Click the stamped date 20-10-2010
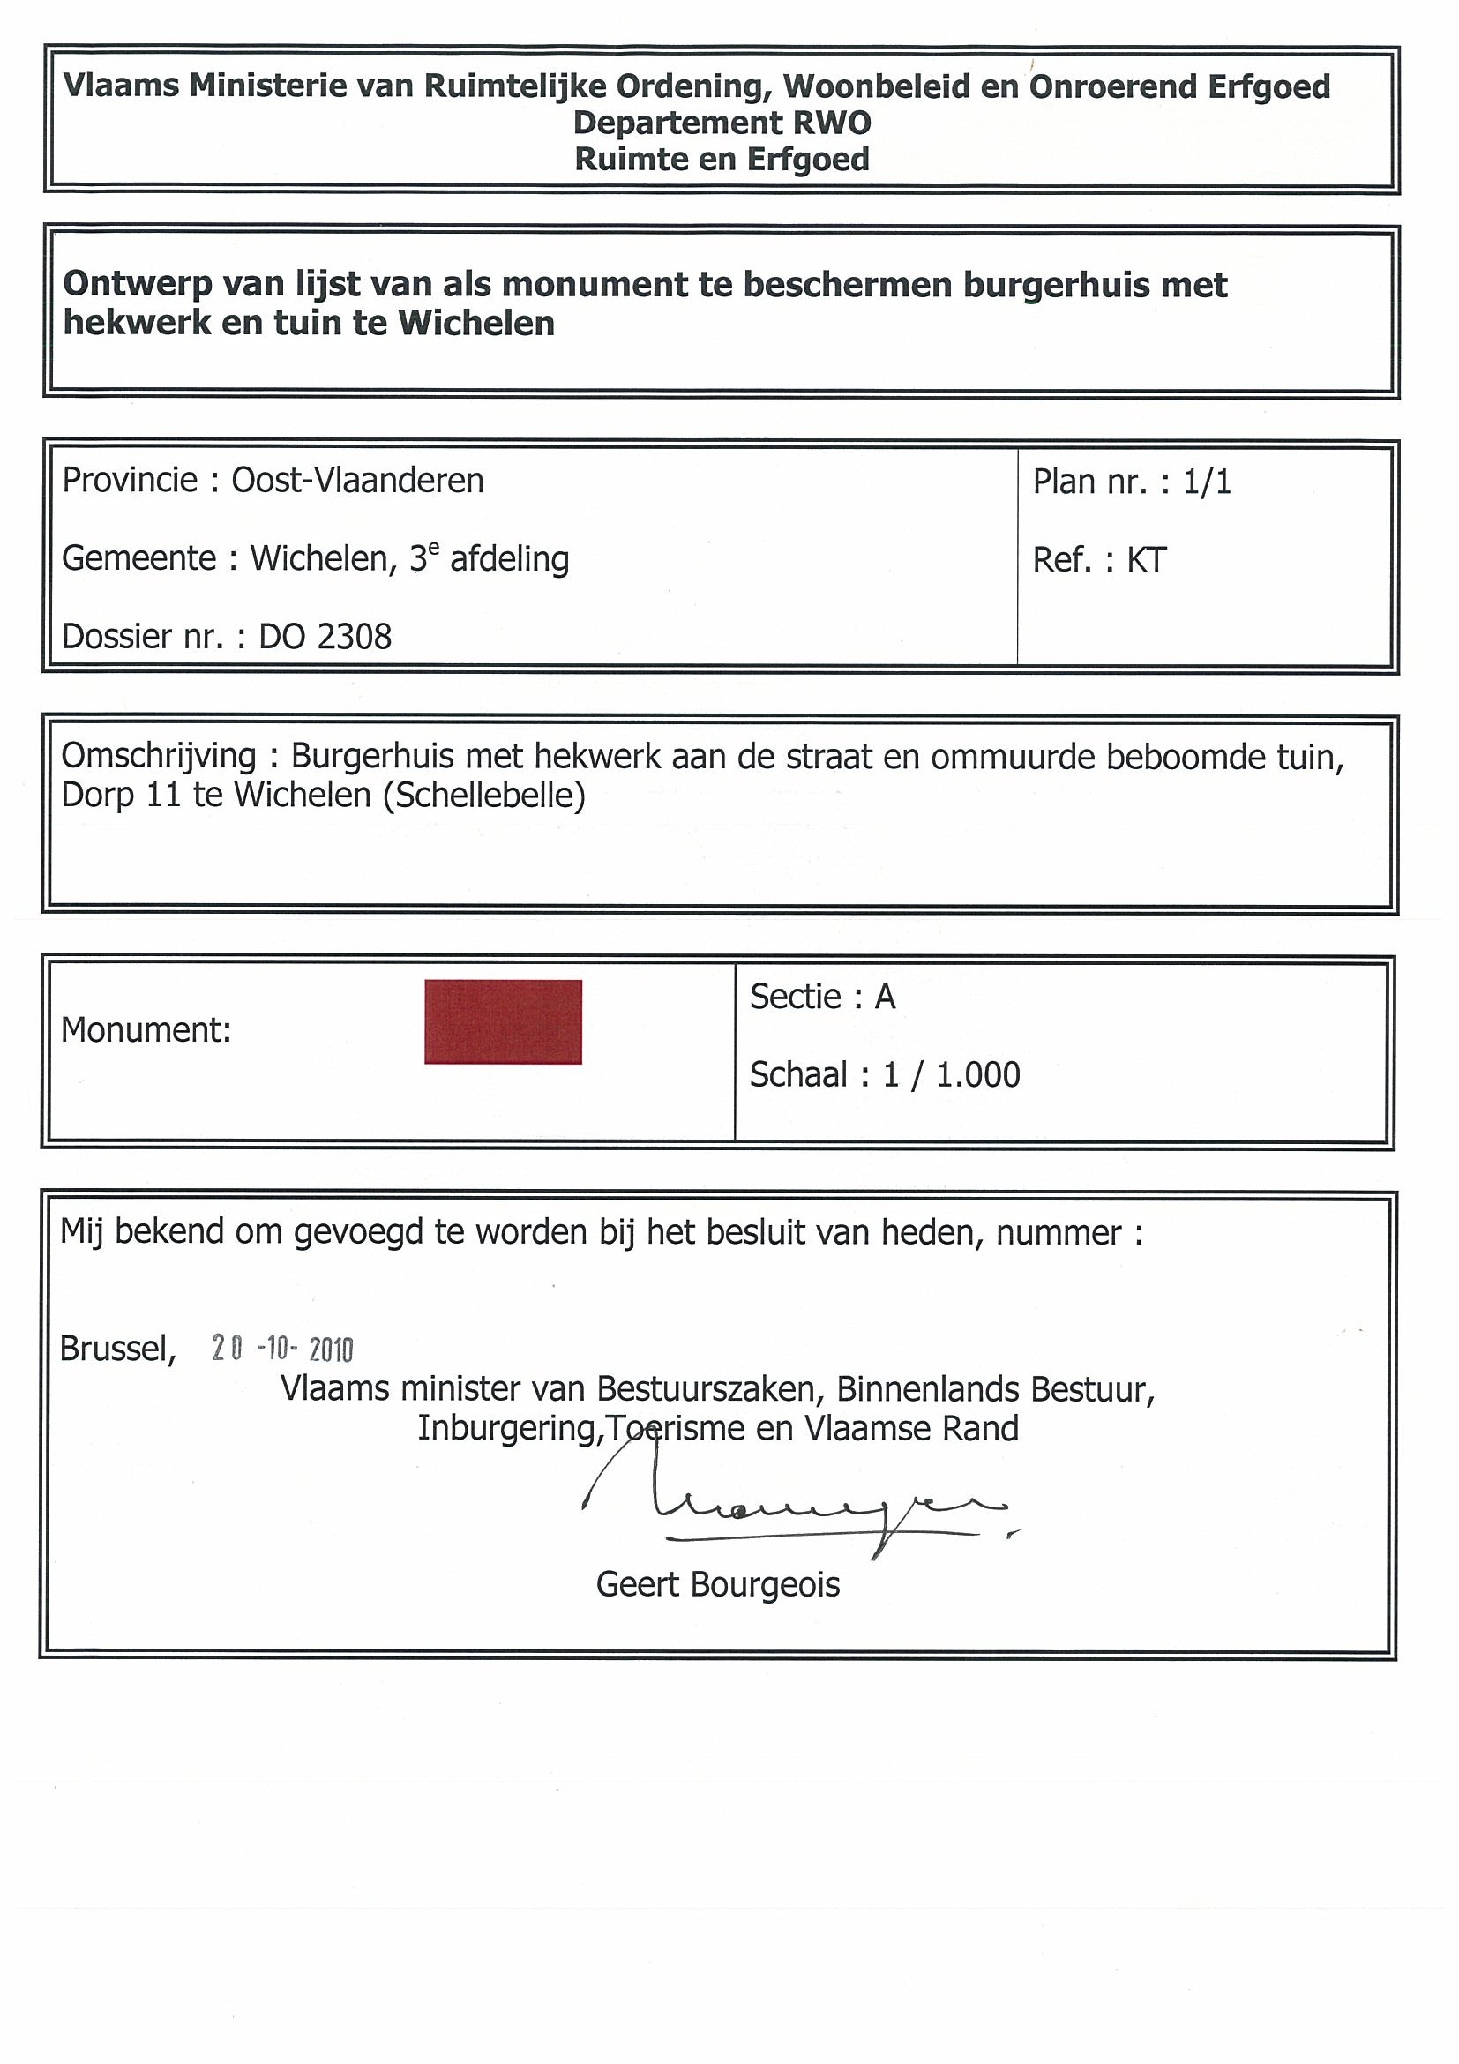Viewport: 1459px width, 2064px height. point(282,1349)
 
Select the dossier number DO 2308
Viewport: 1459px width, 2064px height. point(325,637)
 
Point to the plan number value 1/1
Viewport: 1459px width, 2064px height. point(1207,482)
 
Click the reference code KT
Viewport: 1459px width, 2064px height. point(1146,560)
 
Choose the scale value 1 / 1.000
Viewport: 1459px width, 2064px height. point(951,1074)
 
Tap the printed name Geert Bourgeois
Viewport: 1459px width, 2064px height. point(717,1584)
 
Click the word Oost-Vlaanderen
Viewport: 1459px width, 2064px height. point(358,481)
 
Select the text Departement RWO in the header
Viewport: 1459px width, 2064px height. point(722,123)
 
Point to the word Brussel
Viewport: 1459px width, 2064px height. point(116,1349)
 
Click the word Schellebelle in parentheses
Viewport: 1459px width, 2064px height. point(484,795)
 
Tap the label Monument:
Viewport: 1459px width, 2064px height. point(146,1030)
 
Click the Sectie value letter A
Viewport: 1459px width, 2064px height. point(885,997)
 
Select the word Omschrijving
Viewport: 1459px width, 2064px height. point(158,756)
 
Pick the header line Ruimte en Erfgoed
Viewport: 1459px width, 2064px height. point(722,159)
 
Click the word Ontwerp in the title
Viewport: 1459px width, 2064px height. point(138,284)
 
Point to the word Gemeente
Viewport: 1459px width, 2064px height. point(138,558)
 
